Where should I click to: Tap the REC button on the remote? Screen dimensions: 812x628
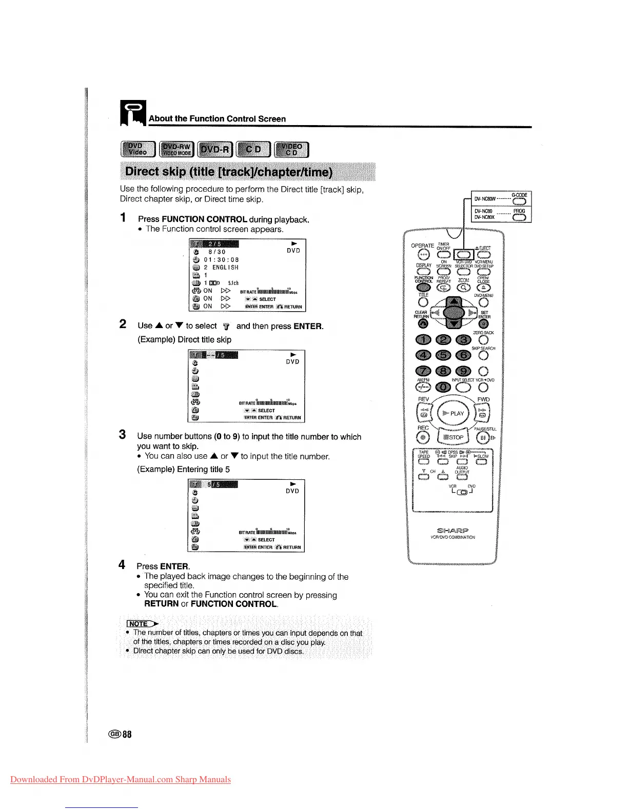pyautogui.click(x=423, y=437)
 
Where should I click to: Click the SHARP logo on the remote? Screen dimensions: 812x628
pyautogui.click(x=453, y=531)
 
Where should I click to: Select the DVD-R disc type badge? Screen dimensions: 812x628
pyautogui.click(x=215, y=149)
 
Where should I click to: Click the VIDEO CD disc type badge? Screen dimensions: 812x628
pyautogui.click(x=291, y=149)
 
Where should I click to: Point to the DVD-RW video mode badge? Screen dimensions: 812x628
pyautogui.click(x=176, y=149)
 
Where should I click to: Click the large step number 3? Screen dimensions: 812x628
pyautogui.click(x=122, y=435)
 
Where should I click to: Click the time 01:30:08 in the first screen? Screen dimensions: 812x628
pyautogui.click(x=221, y=260)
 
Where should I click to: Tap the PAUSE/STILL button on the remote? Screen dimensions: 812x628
pyautogui.click(x=483, y=437)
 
